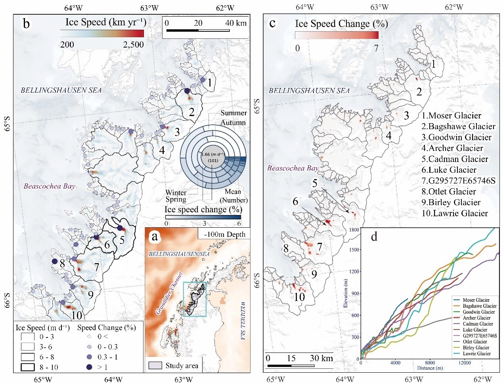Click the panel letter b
[26, 24]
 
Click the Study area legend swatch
[155, 365]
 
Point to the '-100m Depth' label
[224, 234]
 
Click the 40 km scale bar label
[235, 23]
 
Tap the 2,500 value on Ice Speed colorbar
[133, 45]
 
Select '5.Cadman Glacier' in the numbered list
[455, 159]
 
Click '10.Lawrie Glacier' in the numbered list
[455, 213]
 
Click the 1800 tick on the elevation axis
[354, 230]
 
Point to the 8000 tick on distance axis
[430, 363]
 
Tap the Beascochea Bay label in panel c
[293, 168]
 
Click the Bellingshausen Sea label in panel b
[61, 90]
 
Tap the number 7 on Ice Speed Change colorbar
[376, 48]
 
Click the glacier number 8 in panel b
[62, 262]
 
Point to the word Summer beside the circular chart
[233, 113]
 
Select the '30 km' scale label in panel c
[321, 358]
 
